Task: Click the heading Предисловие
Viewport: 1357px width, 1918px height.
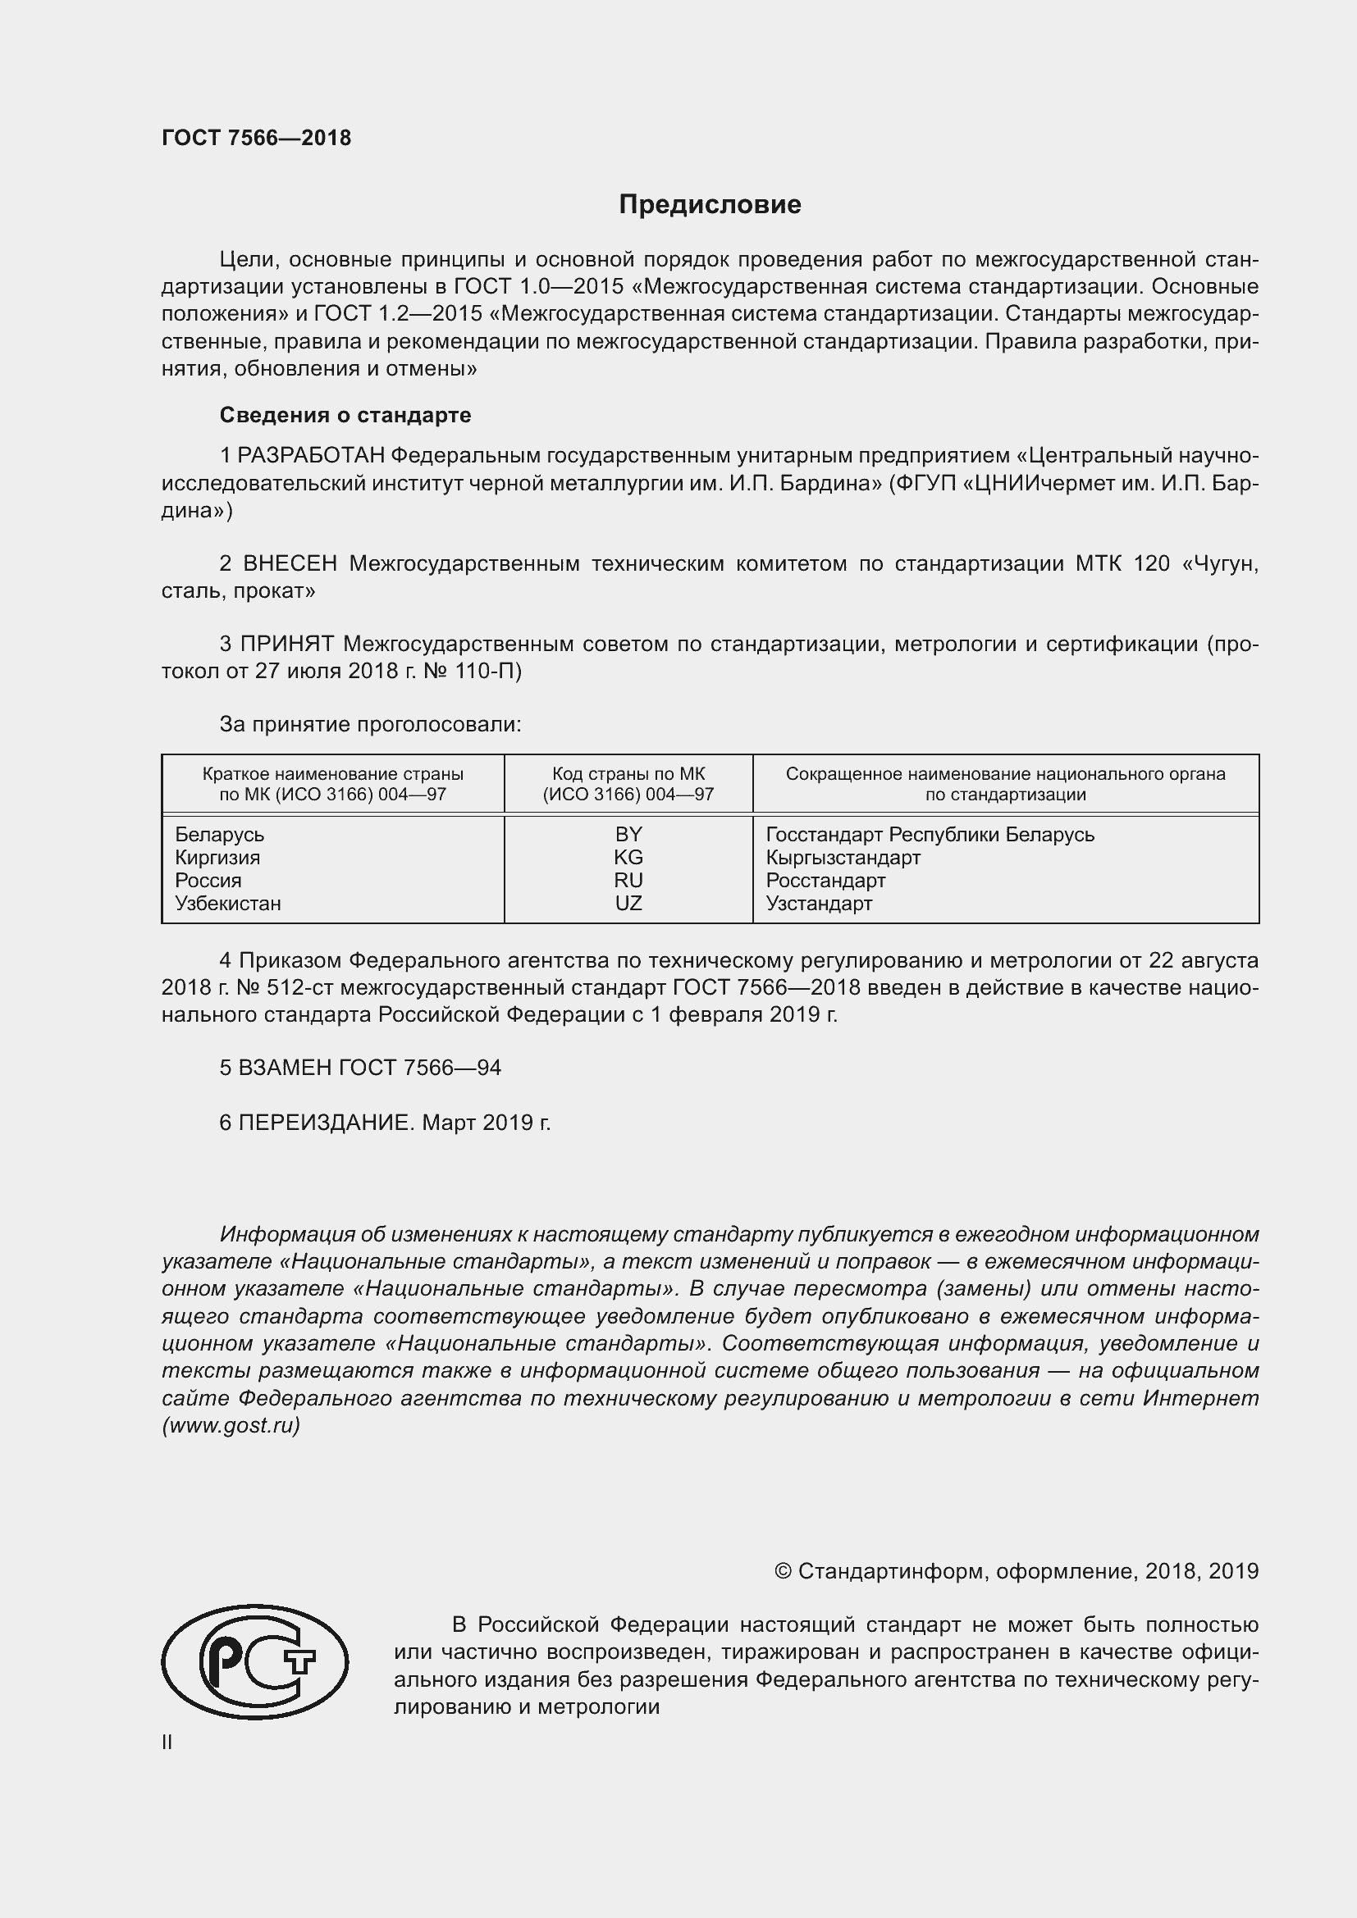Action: click(x=710, y=205)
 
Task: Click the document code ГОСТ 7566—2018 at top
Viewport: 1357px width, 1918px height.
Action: click(x=257, y=138)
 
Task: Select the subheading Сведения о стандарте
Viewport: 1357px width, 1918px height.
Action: click(x=345, y=415)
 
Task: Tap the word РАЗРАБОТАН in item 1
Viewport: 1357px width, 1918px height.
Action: click(x=312, y=455)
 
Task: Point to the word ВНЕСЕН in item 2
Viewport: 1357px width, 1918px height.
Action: click(x=290, y=564)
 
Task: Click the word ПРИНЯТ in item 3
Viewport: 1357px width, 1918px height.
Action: click(x=287, y=644)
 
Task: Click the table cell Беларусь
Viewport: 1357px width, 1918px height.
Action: click(x=220, y=835)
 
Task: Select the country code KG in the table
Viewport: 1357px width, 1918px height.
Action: click(x=628, y=857)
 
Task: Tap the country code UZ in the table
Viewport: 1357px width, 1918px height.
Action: click(x=628, y=903)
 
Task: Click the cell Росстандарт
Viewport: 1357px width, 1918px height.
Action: click(x=825, y=881)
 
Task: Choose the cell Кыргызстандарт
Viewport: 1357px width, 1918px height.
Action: click(x=843, y=857)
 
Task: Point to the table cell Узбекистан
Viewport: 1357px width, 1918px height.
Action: click(x=228, y=903)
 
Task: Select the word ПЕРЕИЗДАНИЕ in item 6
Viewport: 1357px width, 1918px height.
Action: click(x=326, y=1122)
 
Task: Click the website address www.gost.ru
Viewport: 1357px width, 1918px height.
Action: click(x=231, y=1425)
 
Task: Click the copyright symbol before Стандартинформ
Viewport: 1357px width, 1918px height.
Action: click(x=782, y=1571)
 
